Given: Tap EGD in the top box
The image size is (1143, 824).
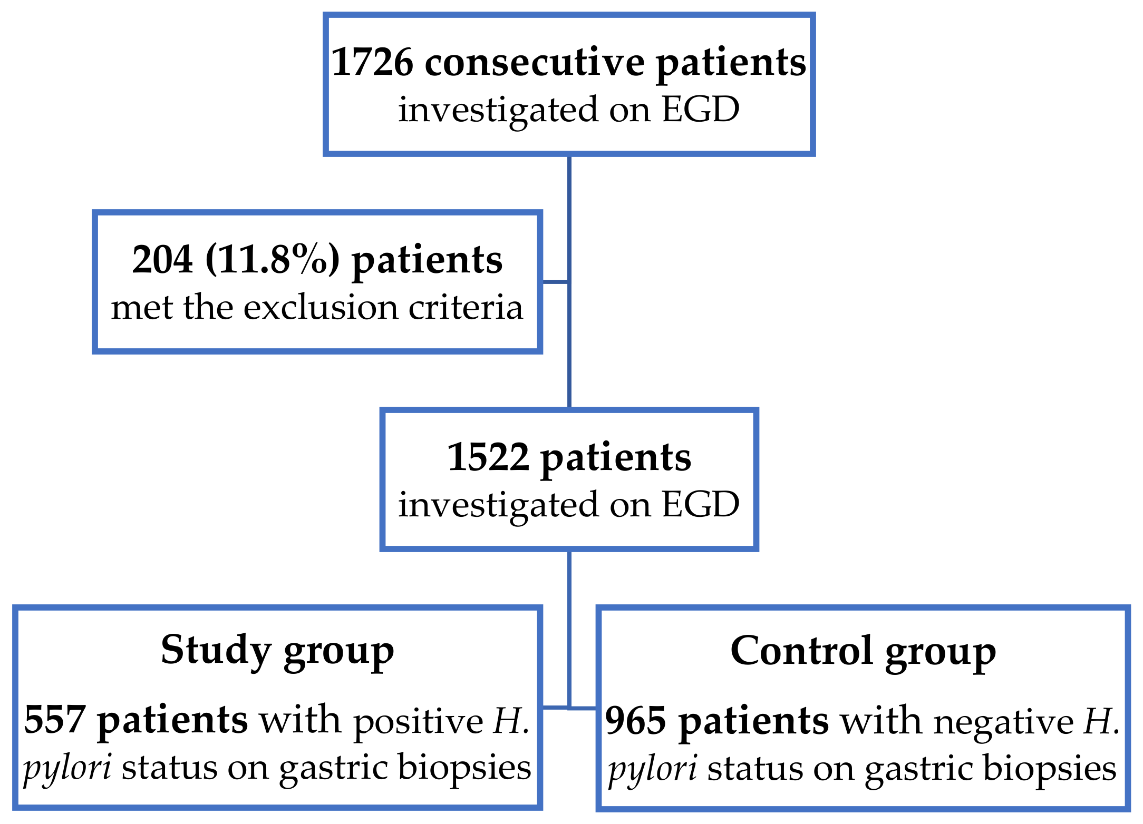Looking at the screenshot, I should point(701,110).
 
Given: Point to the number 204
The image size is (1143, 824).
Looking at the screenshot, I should point(162,260).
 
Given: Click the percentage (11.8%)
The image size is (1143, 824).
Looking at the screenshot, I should point(273,260).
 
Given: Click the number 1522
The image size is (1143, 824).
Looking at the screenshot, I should point(488,457).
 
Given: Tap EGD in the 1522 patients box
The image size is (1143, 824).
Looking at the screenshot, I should point(701,505).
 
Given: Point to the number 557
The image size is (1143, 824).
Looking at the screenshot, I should point(55,720).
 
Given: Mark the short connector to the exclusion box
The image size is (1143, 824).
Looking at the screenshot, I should point(555,282).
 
